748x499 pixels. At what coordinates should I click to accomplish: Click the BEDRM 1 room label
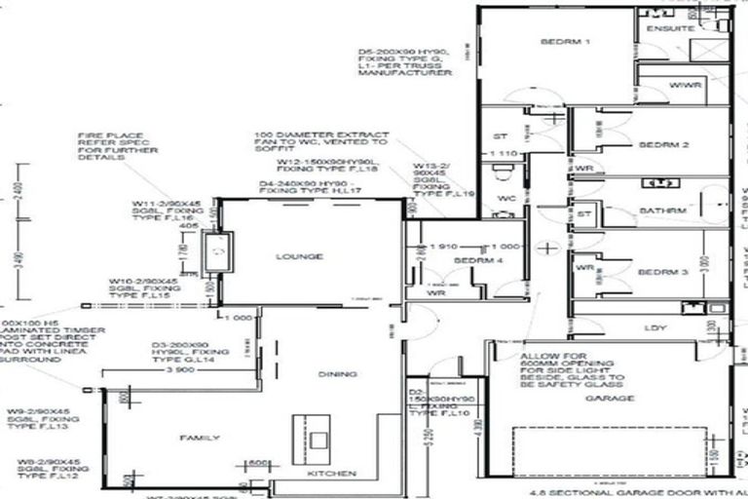[566, 42]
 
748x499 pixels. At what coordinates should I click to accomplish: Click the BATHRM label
[662, 211]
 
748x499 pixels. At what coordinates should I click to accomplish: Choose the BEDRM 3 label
[663, 272]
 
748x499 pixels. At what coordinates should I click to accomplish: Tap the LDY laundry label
[654, 327]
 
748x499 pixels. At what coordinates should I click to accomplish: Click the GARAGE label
[611, 398]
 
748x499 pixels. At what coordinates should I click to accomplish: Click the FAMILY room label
[200, 438]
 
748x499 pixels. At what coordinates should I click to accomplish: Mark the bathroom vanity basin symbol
[669, 182]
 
